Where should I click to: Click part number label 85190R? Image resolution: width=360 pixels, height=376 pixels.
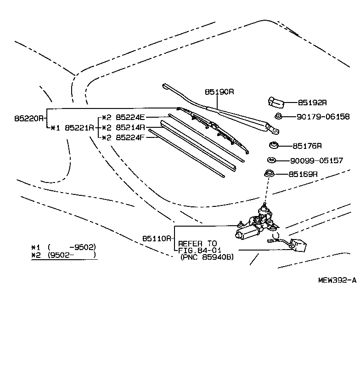pyautogui.click(x=219, y=91)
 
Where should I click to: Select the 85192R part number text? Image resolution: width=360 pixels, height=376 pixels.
pyautogui.click(x=312, y=103)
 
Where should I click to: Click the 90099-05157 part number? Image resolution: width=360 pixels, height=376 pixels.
pyautogui.click(x=316, y=161)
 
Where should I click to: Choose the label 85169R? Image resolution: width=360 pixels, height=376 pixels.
pyautogui.click(x=304, y=175)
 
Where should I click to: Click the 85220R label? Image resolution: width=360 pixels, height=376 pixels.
pyautogui.click(x=29, y=118)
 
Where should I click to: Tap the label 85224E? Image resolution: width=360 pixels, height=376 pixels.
pyautogui.click(x=130, y=117)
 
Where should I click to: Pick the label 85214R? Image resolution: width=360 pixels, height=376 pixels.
pyautogui.click(x=130, y=127)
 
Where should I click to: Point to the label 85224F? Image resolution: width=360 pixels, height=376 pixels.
pyautogui.click(x=130, y=137)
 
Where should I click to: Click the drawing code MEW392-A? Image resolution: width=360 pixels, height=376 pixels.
pyautogui.click(x=337, y=280)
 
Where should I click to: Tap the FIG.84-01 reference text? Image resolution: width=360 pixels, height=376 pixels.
pyautogui.click(x=197, y=250)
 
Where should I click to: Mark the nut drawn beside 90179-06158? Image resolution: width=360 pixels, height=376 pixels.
pyautogui.click(x=278, y=117)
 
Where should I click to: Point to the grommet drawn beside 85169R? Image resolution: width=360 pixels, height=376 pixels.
pyautogui.click(x=269, y=175)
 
